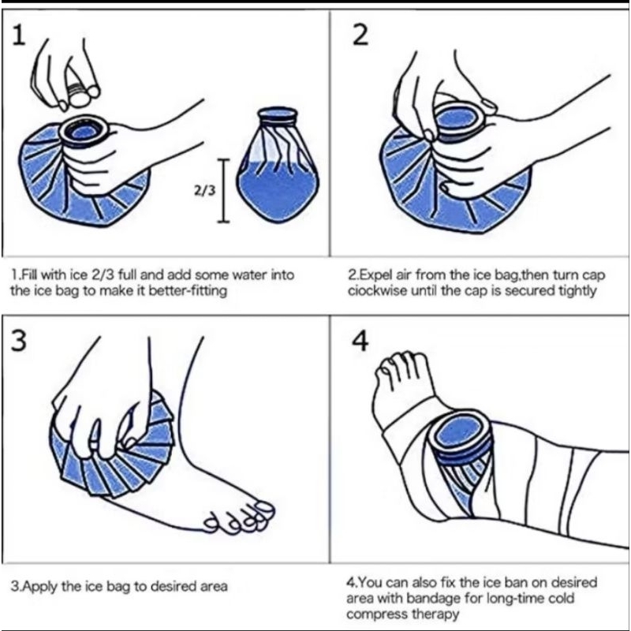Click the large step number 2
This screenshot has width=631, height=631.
(x=360, y=37)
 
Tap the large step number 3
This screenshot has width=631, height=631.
(x=18, y=341)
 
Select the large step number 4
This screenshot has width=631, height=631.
(x=360, y=342)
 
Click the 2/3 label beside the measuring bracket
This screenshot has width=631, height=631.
(x=205, y=190)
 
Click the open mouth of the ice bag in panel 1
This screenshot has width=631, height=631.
(x=84, y=131)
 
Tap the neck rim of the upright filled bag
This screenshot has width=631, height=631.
(x=278, y=116)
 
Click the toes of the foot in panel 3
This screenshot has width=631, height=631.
(x=241, y=517)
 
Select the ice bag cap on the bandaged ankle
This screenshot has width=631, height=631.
(x=461, y=437)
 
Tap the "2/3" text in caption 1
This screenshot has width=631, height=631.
(x=103, y=275)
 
